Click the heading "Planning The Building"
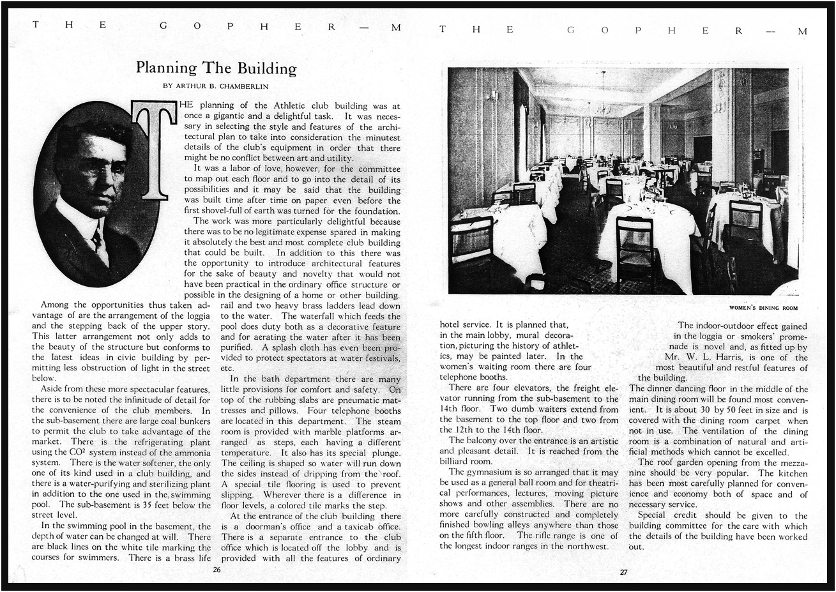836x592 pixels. coord(217,68)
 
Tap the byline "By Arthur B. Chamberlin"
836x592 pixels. coord(217,86)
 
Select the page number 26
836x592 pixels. coord(217,570)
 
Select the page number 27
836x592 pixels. coord(623,572)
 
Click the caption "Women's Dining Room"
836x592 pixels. coord(763,308)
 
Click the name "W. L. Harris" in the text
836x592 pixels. coord(719,358)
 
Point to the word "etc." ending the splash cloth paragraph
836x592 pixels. coord(228,368)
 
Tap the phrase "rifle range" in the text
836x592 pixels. coord(561,535)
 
